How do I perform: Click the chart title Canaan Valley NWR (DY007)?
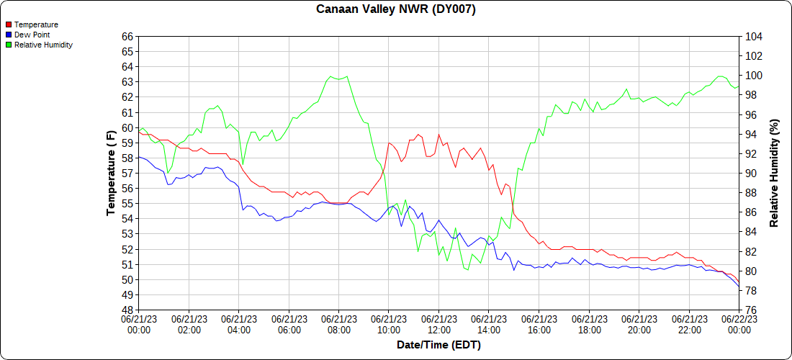[x=396, y=9]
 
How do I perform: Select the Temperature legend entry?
[x=36, y=24]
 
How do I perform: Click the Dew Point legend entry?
[x=32, y=35]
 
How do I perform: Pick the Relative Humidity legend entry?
[x=43, y=45]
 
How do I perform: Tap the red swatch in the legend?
[x=9, y=24]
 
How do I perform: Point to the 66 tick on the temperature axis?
[x=127, y=36]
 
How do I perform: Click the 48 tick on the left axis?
[x=127, y=310]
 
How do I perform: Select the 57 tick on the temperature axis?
[x=127, y=174]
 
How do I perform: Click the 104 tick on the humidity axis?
[x=753, y=36]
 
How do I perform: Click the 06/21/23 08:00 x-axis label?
[x=339, y=324]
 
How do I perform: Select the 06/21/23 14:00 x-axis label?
[x=489, y=324]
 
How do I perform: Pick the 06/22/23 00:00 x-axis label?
[x=739, y=324]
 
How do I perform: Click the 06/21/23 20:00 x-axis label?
[x=639, y=324]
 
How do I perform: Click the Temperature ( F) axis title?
[x=111, y=173]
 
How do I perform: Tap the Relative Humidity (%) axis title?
[x=774, y=173]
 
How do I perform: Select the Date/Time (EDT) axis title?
[x=438, y=345]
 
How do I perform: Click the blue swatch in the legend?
[x=9, y=35]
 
